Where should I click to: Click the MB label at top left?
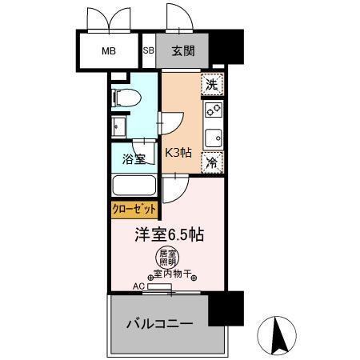(108, 51)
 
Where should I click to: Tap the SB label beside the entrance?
(148, 51)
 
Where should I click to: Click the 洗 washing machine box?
(211, 83)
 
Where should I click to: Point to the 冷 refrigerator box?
(211, 162)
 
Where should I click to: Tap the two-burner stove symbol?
(213, 110)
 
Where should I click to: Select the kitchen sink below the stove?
(213, 137)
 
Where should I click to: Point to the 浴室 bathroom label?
(134, 158)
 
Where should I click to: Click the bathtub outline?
(135, 187)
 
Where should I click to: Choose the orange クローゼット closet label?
(134, 210)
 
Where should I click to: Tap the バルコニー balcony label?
(158, 325)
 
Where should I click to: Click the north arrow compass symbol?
(280, 335)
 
